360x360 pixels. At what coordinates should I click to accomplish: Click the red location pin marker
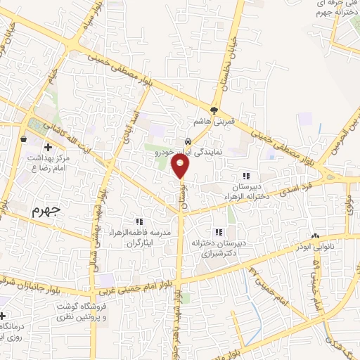tap(181, 166)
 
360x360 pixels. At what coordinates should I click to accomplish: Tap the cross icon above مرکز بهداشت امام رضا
tap(48, 147)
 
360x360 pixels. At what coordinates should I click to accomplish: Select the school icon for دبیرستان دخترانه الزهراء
tap(245, 176)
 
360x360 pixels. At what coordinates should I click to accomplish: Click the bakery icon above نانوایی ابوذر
tap(315, 236)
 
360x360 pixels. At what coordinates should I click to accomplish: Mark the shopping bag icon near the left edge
tap(24, 139)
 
